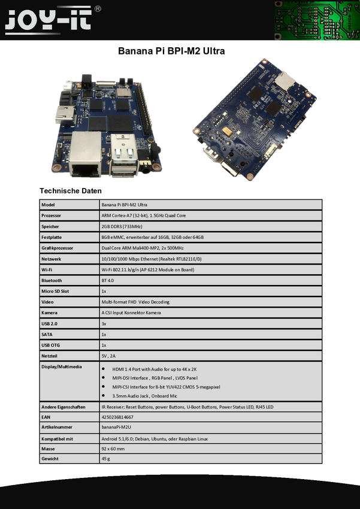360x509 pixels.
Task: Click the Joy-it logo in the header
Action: pos(49,20)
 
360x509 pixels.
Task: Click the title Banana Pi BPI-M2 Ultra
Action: pos(171,51)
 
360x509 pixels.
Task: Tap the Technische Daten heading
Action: pos(71,191)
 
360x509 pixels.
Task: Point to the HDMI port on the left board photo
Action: pos(65,114)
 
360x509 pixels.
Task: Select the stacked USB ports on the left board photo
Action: pos(125,155)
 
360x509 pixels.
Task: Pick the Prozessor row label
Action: pos(52,216)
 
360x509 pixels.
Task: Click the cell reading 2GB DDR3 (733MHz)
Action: pos(122,226)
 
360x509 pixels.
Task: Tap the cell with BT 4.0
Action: pos(107,280)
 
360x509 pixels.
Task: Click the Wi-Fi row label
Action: pos(47,269)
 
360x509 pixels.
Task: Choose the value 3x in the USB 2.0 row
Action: pos(104,323)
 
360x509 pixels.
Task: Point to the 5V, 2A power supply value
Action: pos(108,356)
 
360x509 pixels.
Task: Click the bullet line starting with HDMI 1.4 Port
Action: pos(155,369)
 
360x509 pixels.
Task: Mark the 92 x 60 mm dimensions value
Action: pos(113,449)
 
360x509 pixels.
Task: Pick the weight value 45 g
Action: pos(106,459)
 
